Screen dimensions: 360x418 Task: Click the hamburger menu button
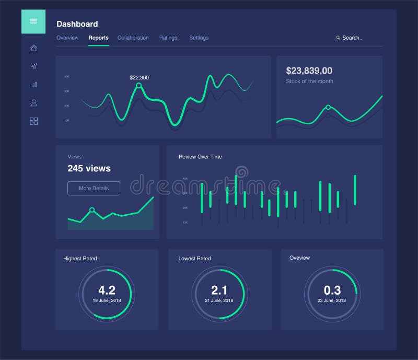[33, 21]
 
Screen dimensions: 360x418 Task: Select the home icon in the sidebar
[33, 48]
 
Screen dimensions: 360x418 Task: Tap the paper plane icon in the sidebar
[33, 66]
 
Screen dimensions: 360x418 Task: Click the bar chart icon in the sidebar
[33, 85]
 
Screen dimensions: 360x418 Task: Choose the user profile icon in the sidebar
[33, 103]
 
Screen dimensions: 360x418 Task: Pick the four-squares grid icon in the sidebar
[33, 121]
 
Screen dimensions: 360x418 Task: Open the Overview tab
[67, 38]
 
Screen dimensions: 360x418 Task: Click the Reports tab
[98, 38]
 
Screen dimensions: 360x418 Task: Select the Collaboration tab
[133, 38]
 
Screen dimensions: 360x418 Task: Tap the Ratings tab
[168, 38]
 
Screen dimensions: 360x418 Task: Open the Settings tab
[199, 38]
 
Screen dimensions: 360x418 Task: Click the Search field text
[353, 38]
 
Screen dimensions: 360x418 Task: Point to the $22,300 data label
[139, 78]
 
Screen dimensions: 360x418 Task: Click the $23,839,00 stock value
[309, 71]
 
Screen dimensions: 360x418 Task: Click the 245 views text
[89, 168]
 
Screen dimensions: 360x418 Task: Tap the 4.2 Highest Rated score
[107, 291]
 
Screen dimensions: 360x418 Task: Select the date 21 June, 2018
[219, 300]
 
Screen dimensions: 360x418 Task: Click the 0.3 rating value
[332, 291]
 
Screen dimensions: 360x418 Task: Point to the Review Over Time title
[200, 157]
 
